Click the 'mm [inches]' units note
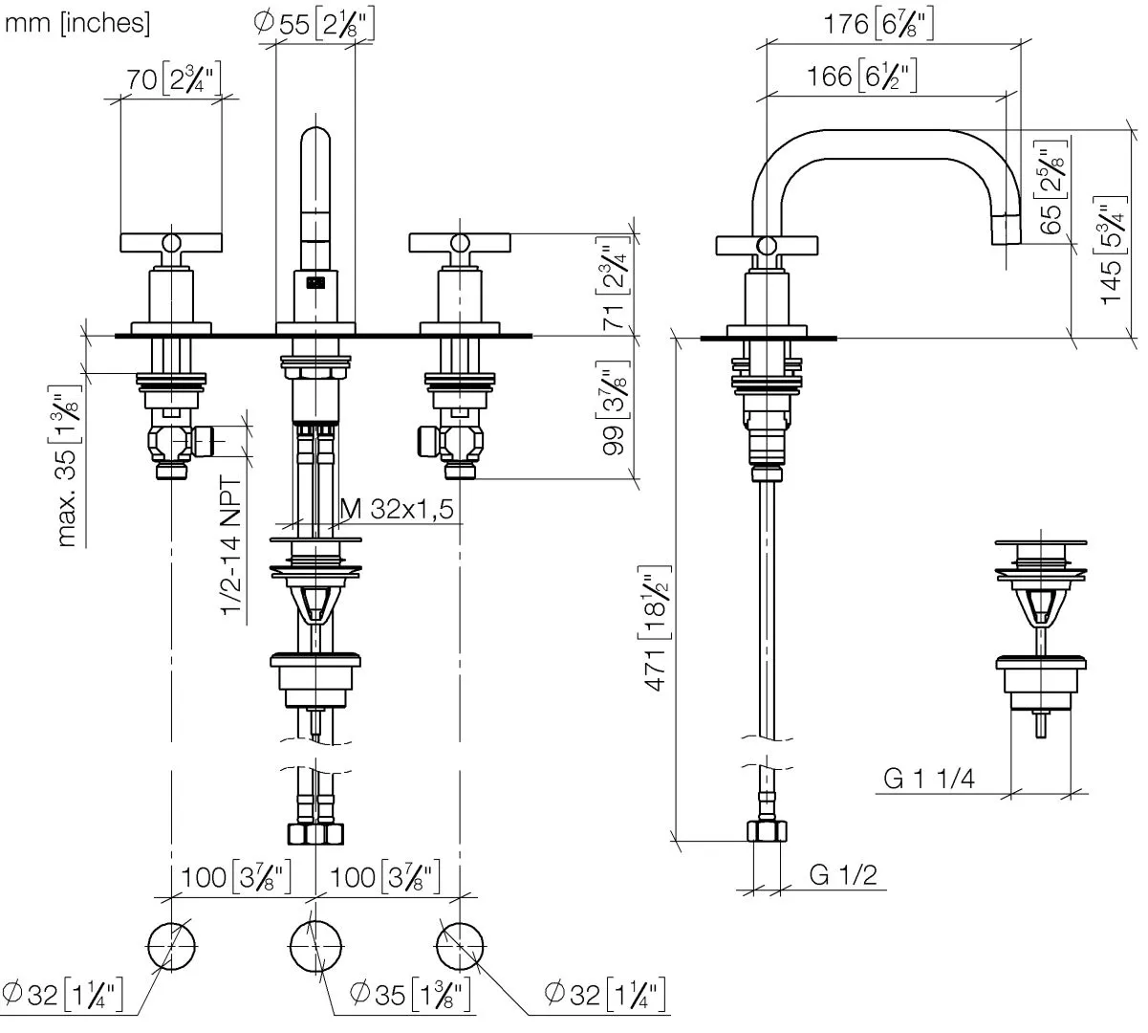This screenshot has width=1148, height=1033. click(x=77, y=24)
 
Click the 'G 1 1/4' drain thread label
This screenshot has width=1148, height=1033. click(x=928, y=779)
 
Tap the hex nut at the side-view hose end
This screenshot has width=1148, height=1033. click(x=767, y=831)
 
